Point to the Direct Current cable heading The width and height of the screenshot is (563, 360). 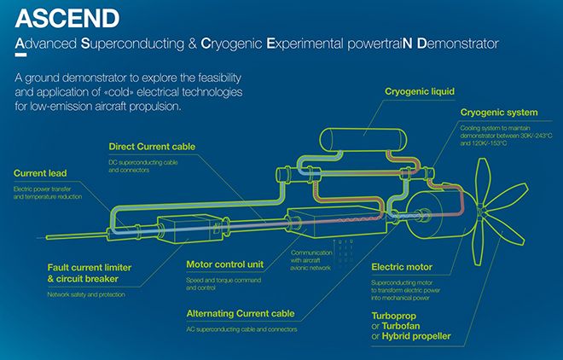tap(152, 147)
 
